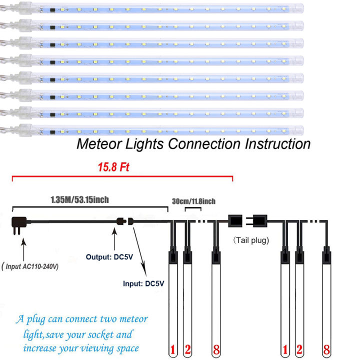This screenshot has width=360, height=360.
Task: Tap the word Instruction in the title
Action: [277, 144]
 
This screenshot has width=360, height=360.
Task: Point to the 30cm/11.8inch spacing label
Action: [193, 201]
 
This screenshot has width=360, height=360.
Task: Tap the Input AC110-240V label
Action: [30, 266]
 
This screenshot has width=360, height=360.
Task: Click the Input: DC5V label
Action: [143, 283]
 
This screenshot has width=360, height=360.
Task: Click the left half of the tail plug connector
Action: [235, 220]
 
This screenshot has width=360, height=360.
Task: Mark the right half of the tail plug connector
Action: [261, 220]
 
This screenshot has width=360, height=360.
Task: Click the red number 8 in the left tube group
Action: [216, 350]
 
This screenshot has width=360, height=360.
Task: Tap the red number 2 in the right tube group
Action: [300, 350]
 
